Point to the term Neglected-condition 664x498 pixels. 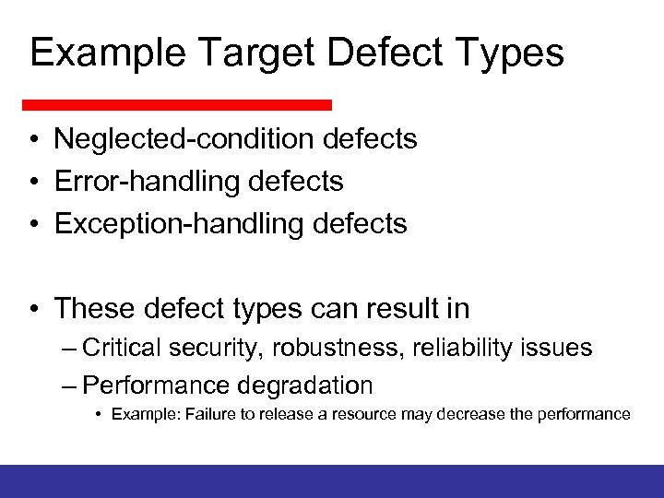[x=185, y=140]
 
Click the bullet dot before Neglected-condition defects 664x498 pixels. [x=32, y=140]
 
